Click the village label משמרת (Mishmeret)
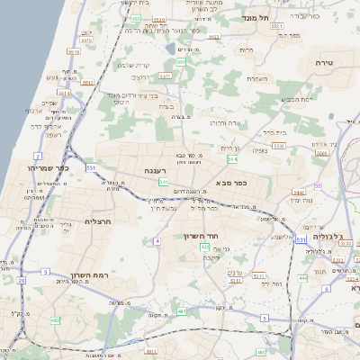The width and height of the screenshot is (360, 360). click(x=257, y=79)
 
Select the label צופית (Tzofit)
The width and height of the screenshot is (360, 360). click(x=260, y=150)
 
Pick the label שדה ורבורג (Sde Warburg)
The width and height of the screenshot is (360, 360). click(x=221, y=122)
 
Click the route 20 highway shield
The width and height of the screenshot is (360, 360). click(x=21, y=280)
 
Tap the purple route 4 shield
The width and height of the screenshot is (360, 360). click(x=157, y=241)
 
